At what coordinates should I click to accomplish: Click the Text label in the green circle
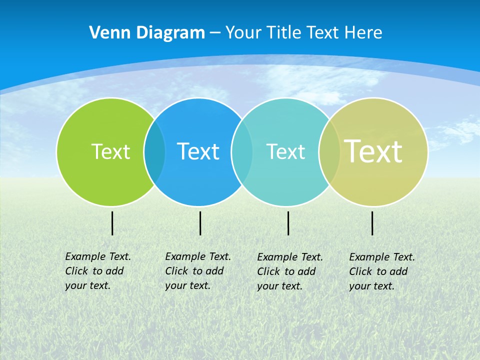(110, 151)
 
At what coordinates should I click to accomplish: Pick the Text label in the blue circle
(198, 151)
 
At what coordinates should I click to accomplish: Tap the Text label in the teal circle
(285, 151)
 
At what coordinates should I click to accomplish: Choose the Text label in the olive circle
(373, 151)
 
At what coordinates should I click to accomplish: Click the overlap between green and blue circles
(154, 151)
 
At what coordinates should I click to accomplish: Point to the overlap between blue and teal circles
(242, 151)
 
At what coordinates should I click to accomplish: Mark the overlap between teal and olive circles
(329, 151)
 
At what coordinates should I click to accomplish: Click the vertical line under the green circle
(112, 223)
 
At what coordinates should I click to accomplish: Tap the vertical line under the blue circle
(200, 223)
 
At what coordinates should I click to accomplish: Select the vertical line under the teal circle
(288, 223)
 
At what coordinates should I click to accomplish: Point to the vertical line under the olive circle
(372, 223)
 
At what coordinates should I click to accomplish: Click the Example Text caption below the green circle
(98, 271)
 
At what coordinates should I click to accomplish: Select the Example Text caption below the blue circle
(198, 271)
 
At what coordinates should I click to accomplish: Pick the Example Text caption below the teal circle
(290, 271)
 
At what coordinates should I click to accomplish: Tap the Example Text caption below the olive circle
(382, 271)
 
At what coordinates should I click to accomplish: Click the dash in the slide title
(215, 33)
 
